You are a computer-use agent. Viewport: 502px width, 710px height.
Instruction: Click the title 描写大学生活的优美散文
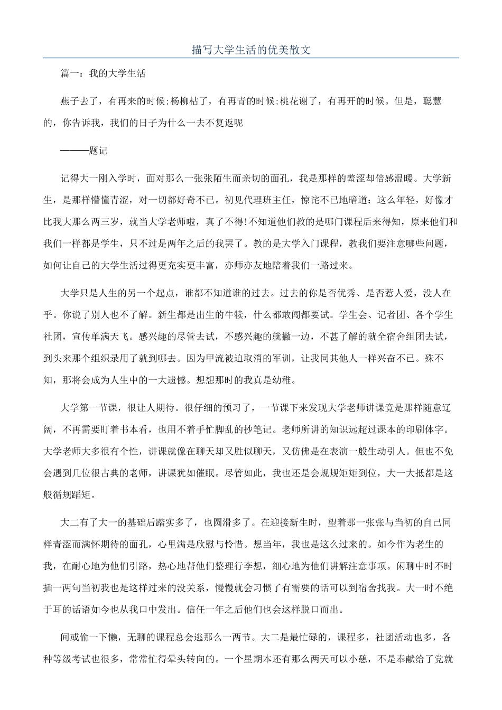click(250, 50)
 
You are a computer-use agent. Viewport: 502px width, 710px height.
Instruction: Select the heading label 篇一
click(70, 74)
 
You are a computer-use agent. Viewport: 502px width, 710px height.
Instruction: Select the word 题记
click(99, 151)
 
